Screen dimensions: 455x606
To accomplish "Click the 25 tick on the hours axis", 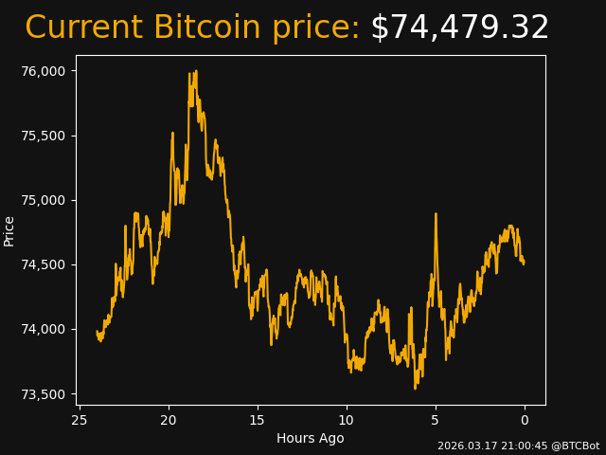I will click(x=80, y=420).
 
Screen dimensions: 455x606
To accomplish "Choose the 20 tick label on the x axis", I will click(x=169, y=420).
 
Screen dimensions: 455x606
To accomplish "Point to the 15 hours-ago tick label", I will click(x=258, y=420).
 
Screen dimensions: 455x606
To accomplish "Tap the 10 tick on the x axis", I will click(x=347, y=420).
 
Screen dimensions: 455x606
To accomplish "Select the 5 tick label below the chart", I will click(x=436, y=420).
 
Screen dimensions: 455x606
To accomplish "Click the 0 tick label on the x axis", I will click(x=525, y=420).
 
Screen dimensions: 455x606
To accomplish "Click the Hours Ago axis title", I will click(x=310, y=438).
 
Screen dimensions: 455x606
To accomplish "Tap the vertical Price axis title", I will click(x=9, y=230).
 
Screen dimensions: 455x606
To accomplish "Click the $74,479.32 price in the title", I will click(x=459, y=27).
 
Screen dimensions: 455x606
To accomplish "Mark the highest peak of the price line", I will click(x=195, y=71).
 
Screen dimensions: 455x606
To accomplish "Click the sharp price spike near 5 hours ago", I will click(x=436, y=214).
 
